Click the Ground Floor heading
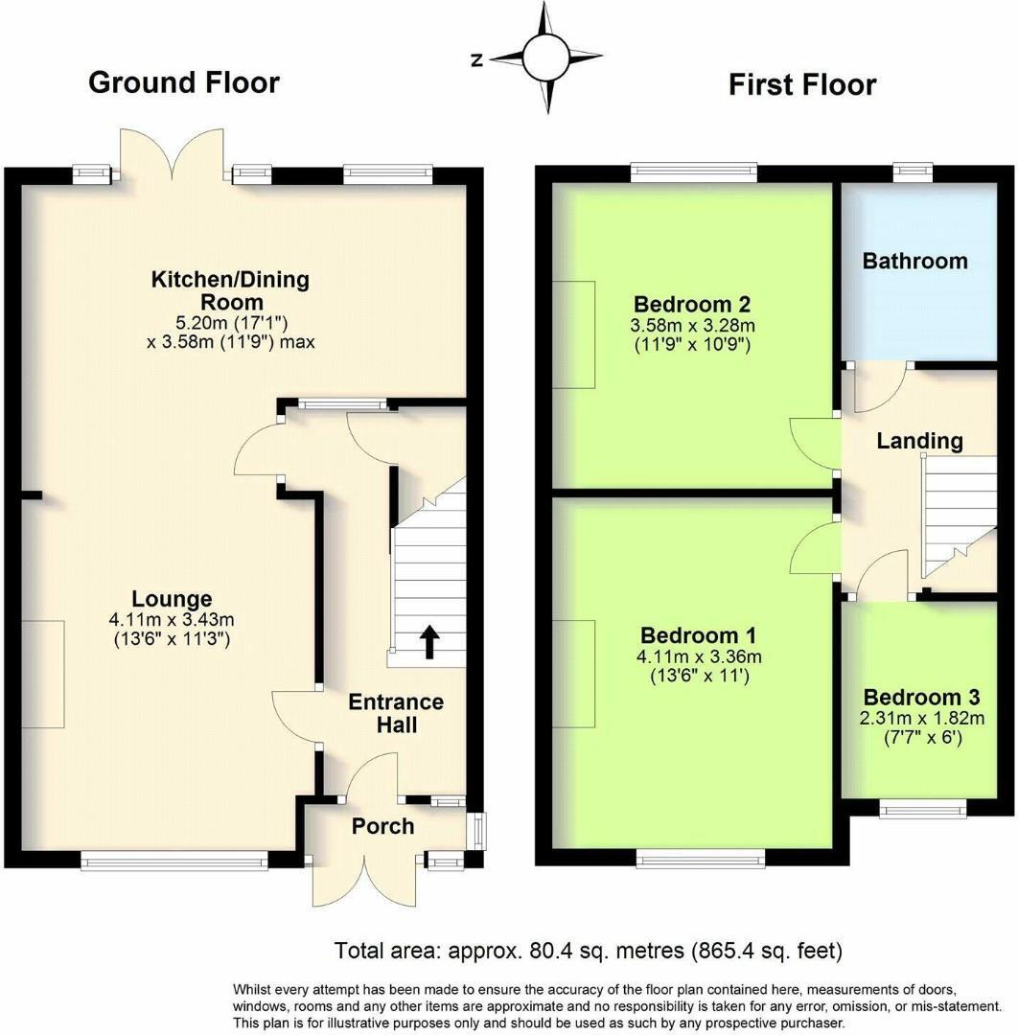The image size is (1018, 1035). [x=183, y=82]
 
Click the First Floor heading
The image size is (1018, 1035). [x=801, y=84]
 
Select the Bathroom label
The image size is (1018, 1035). [x=914, y=261]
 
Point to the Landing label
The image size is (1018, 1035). [x=919, y=441]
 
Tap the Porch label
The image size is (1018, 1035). [x=382, y=826]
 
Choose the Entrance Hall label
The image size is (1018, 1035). [x=396, y=713]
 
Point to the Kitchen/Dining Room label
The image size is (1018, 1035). [x=230, y=290]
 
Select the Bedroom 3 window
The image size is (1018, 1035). [x=923, y=810]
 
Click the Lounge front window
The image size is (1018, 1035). [x=174, y=862]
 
